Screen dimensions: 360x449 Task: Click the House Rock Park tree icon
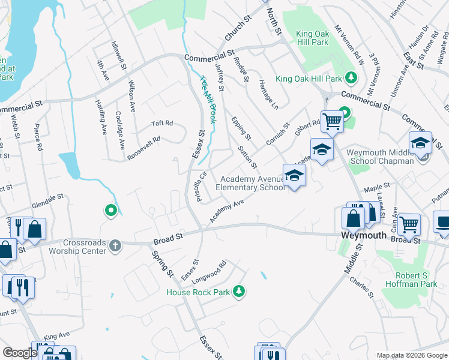(240, 292)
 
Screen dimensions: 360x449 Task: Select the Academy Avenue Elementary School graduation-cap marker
(294, 175)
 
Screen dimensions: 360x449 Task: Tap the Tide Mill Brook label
(208, 95)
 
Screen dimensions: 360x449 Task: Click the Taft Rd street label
(161, 124)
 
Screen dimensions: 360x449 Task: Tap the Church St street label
(237, 31)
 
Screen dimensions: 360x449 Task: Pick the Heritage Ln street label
(268, 94)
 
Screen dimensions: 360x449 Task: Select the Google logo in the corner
(20, 353)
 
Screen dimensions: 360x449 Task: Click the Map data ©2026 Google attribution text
(412, 355)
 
